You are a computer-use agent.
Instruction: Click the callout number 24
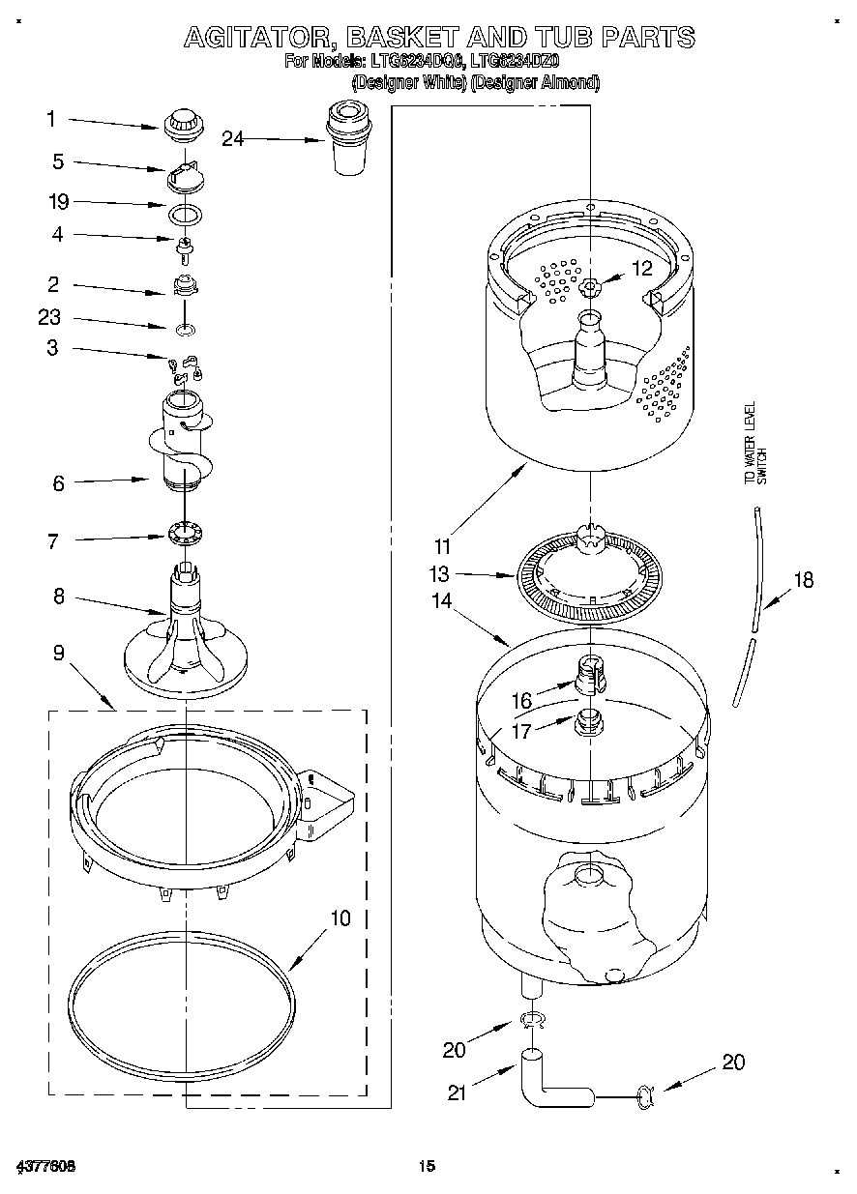point(232,139)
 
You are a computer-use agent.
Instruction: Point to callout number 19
point(58,202)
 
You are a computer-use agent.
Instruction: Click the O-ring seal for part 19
point(185,213)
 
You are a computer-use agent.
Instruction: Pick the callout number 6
point(58,483)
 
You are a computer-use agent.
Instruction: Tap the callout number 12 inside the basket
point(642,268)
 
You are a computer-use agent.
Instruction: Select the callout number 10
point(340,917)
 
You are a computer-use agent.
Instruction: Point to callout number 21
point(458,1093)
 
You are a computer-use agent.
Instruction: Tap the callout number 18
point(803,580)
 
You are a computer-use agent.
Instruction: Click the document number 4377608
point(46,1166)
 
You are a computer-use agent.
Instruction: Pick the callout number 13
point(440,573)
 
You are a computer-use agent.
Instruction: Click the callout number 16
point(521,700)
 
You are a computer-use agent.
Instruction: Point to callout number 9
point(58,654)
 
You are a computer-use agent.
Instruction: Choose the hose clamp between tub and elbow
point(531,1019)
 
